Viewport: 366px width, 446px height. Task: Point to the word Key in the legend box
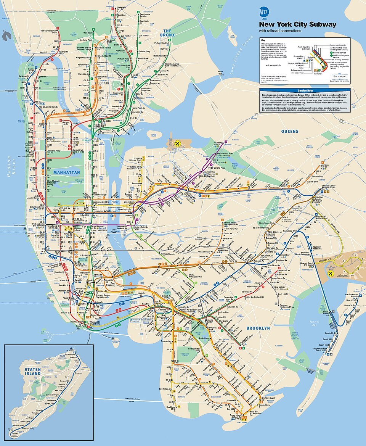tap(263, 40)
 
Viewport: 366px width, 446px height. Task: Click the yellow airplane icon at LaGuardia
tap(177, 143)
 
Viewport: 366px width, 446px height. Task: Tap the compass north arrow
tap(6, 36)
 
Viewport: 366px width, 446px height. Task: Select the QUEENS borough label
tap(290, 131)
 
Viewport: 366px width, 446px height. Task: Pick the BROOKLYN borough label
tap(258, 328)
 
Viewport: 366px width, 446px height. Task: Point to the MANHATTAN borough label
tap(66, 172)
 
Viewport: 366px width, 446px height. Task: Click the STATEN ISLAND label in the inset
tap(32, 371)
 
